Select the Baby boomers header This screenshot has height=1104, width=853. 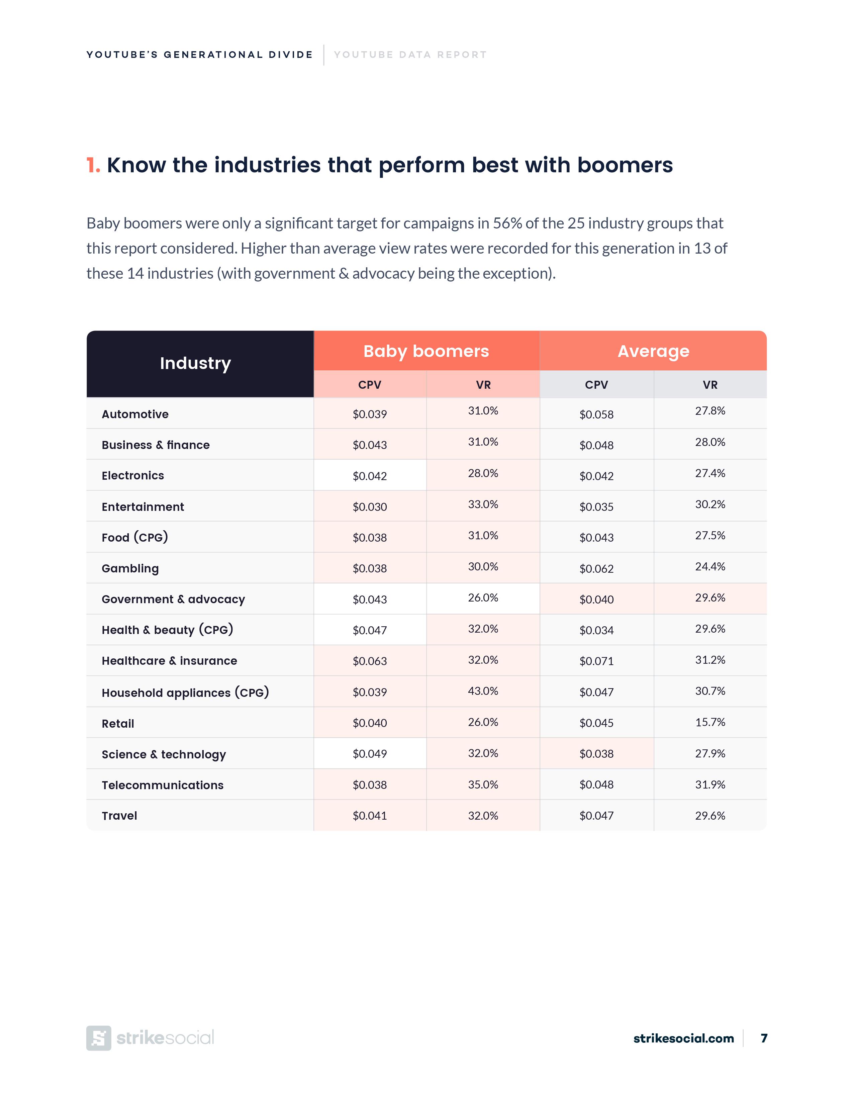point(426,351)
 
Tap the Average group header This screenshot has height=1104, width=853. point(653,351)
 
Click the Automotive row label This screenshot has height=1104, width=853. point(135,414)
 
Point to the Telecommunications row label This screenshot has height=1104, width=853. point(162,785)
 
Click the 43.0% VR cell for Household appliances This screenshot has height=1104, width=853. point(483,691)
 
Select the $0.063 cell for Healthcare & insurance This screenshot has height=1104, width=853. point(369,661)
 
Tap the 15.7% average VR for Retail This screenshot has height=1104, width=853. point(709,722)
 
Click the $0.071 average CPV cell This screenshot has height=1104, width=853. point(596,661)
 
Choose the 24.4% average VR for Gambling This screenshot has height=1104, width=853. point(709,567)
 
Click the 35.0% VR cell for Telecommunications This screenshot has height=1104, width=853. point(483,785)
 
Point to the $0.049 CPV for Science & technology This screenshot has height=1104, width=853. point(369,754)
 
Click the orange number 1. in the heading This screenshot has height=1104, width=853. point(93,165)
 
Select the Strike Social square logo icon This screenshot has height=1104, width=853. point(99,1038)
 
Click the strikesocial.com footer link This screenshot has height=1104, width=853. point(683,1038)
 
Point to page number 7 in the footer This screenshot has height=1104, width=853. point(764,1038)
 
